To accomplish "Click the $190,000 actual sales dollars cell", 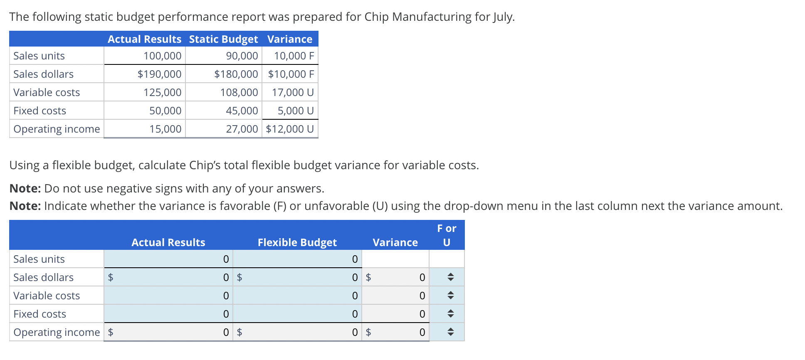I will (159, 74).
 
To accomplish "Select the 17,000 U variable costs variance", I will (293, 92).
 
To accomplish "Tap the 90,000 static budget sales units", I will (242, 56).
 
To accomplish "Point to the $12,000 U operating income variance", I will (290, 129).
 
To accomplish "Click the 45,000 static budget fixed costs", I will (242, 111).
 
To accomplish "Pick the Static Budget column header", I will (223, 39).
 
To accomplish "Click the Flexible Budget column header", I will (297, 242).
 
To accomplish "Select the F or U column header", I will (447, 235).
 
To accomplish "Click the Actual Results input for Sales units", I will (168, 259).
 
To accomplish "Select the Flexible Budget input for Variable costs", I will (297, 296).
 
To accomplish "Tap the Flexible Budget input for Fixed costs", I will (297, 314).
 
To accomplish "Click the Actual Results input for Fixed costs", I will (168, 314).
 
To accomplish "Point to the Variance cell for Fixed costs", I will (395, 314).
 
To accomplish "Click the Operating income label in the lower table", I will (57, 332).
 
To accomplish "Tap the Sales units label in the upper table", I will (39, 56).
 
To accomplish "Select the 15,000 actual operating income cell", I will (165, 129).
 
